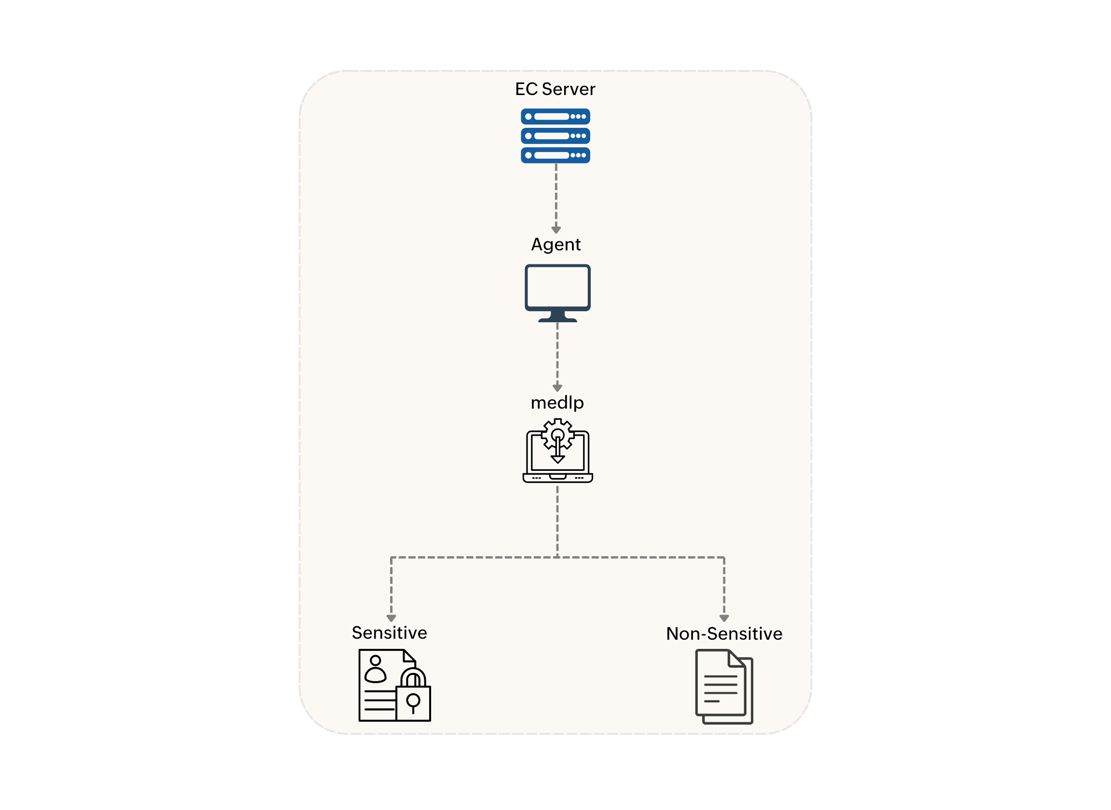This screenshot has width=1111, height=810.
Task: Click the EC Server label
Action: tap(555, 89)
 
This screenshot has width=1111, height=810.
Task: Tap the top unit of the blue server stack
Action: tap(555, 117)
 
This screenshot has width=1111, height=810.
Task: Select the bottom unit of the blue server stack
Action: tap(555, 155)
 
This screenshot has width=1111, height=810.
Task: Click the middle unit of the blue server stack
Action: tap(555, 136)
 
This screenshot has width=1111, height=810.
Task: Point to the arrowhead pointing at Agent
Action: tap(556, 230)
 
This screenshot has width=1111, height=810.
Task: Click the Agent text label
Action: tap(556, 244)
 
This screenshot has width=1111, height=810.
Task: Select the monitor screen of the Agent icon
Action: tap(557, 288)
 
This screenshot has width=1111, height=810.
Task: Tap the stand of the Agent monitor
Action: tap(557, 316)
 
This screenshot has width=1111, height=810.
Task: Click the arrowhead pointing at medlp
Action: tap(557, 388)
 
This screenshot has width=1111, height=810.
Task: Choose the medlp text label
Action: tap(557, 402)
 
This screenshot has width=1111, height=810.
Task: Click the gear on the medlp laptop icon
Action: tap(558, 434)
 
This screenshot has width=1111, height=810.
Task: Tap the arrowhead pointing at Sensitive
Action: tap(391, 618)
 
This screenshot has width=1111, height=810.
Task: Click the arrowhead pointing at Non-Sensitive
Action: tap(724, 618)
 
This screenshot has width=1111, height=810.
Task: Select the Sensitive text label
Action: tap(390, 633)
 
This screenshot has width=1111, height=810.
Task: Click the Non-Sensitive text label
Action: tap(724, 634)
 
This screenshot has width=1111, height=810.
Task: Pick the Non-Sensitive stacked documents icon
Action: tap(724, 687)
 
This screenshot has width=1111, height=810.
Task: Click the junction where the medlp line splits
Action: tap(557, 558)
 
